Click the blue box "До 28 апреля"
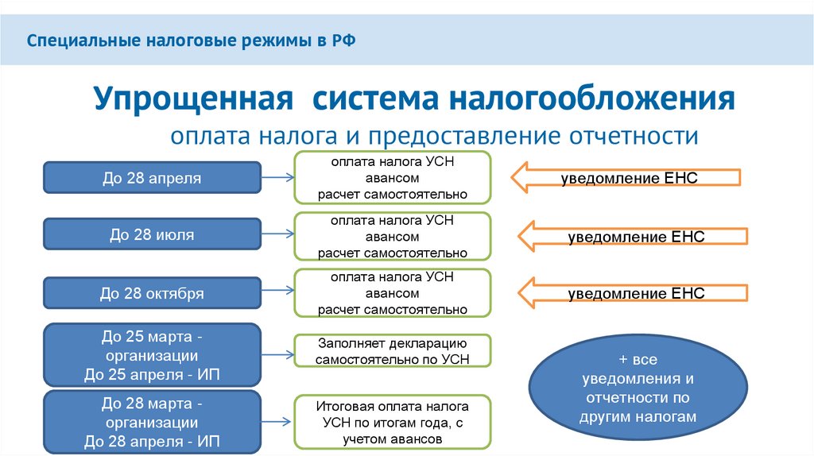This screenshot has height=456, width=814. click(x=151, y=178)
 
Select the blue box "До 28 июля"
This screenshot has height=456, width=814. click(x=151, y=235)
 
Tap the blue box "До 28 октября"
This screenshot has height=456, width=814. click(x=151, y=294)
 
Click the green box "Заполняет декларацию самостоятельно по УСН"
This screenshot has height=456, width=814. click(x=393, y=350)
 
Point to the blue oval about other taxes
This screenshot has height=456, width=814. click(x=639, y=388)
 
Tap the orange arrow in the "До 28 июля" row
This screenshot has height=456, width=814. click(x=633, y=237)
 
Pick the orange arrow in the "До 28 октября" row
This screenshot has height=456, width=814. click(x=633, y=294)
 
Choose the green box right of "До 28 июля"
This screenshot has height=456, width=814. click(x=393, y=236)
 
